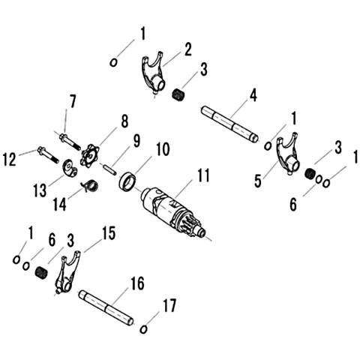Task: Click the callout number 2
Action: pyautogui.click(x=187, y=50)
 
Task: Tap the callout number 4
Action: pyautogui.click(x=253, y=96)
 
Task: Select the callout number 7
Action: pyautogui.click(x=72, y=101)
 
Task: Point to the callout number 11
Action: pyautogui.click(x=202, y=176)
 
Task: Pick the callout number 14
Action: pyautogui.click(x=60, y=205)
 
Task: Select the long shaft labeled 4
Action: pyautogui.click(x=230, y=124)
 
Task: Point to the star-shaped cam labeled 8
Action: pyautogui.click(x=88, y=157)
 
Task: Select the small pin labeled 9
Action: pyautogui.click(x=109, y=169)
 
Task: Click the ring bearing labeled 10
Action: pyautogui.click(x=127, y=181)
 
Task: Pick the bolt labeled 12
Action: pyautogui.click(x=48, y=156)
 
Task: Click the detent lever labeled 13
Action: pyautogui.click(x=69, y=169)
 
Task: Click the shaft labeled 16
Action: pyautogui.click(x=106, y=307)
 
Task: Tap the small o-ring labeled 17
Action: pyautogui.click(x=143, y=329)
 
